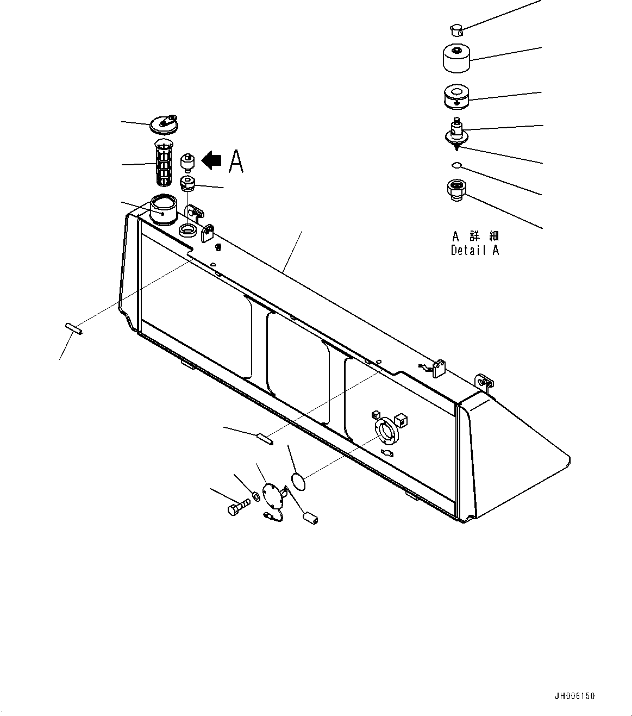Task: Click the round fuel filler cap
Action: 164,124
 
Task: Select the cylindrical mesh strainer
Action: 164,162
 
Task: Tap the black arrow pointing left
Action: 211,160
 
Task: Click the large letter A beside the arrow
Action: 236,161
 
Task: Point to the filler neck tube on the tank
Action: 163,210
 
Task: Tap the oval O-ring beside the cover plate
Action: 298,482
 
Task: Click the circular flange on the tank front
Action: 386,431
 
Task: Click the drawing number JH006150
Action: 575,696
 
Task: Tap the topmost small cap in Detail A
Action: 456,30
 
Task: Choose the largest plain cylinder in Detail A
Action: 456,58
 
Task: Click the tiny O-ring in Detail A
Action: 456,165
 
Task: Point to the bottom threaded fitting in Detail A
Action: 456,190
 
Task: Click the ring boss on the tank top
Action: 186,231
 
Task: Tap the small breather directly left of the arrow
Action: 187,161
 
